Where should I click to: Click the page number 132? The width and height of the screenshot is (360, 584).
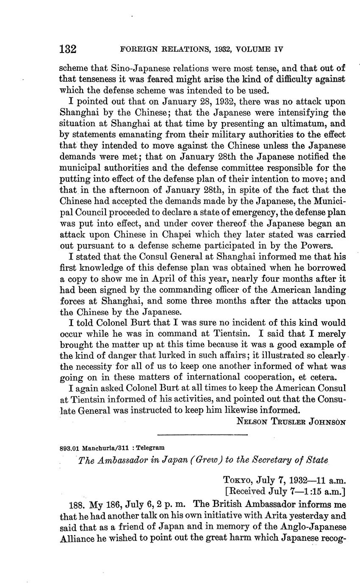[x=67, y=49]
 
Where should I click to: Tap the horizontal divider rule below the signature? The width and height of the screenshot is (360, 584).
[x=202, y=435]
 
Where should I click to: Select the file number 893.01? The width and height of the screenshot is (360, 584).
[x=69, y=448]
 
